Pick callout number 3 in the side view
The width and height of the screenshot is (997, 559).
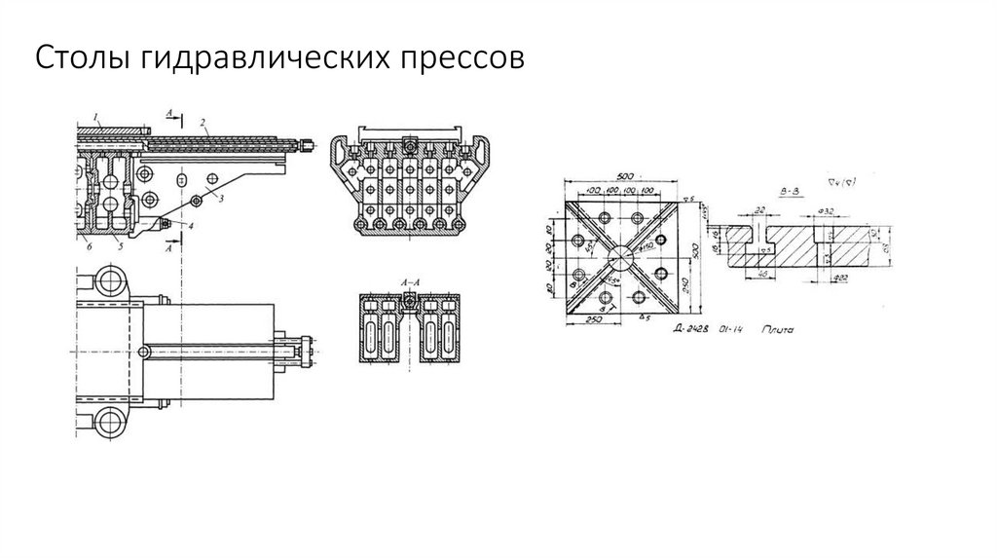[221, 198]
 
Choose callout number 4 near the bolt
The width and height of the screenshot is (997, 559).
[191, 226]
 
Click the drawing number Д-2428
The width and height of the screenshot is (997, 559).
[693, 331]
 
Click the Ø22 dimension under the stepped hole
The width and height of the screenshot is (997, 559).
[839, 279]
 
